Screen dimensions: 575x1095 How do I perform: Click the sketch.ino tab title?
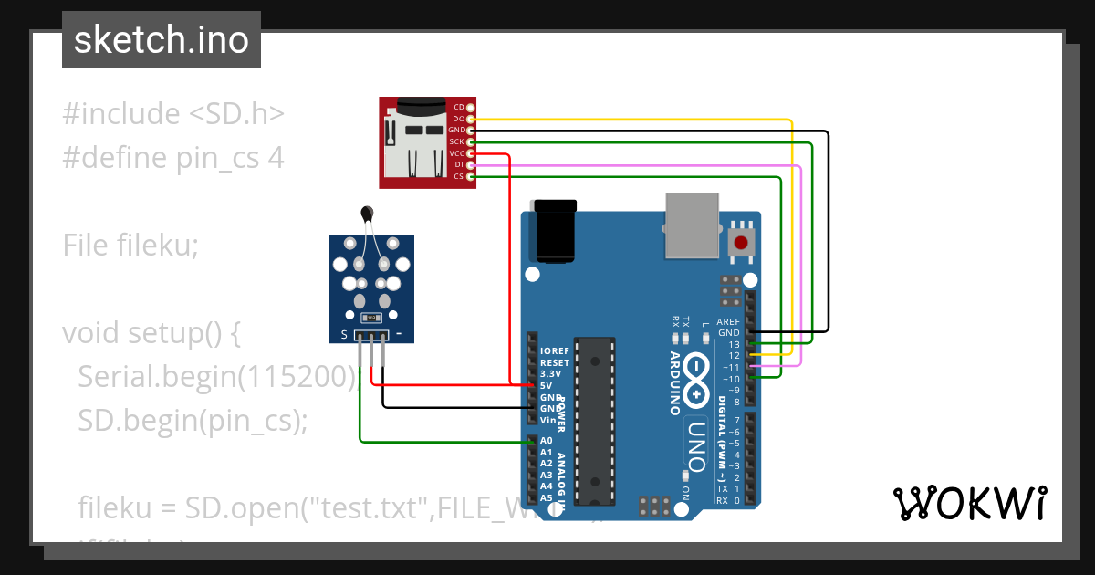(x=161, y=40)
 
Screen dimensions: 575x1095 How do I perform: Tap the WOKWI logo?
(x=969, y=503)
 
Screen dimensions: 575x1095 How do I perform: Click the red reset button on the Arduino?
(x=741, y=243)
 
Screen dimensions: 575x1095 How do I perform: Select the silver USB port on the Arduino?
(x=693, y=225)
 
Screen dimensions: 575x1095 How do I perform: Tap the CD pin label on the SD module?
(x=459, y=108)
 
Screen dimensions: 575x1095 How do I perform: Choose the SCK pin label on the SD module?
(x=457, y=141)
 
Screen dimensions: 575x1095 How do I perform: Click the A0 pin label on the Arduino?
(x=546, y=441)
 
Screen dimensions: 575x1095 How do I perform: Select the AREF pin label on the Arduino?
(x=728, y=322)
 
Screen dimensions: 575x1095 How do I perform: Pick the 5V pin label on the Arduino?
(x=546, y=386)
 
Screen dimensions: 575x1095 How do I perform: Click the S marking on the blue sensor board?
(x=344, y=335)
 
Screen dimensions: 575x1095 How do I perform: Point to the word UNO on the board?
(x=696, y=445)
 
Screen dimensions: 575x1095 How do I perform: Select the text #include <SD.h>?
(x=173, y=114)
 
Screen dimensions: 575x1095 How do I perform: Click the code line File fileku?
(x=130, y=245)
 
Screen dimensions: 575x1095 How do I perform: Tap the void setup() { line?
(x=151, y=333)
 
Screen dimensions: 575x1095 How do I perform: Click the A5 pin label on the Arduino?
(x=546, y=498)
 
